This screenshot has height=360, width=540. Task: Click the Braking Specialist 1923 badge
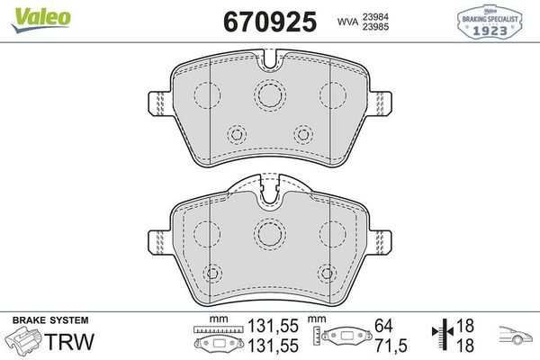click(497, 20)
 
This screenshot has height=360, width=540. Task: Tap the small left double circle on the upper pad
click(238, 134)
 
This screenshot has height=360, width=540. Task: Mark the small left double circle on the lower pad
click(214, 274)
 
